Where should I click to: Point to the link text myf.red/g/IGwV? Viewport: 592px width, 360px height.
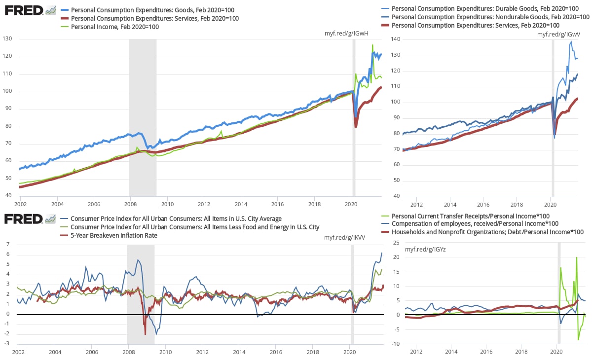point(558,34)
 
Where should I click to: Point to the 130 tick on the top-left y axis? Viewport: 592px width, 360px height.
point(8,39)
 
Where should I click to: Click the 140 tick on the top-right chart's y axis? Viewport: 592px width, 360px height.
point(396,39)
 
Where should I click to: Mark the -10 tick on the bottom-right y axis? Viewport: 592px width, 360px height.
point(396,344)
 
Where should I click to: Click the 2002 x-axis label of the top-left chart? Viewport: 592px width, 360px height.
point(20,204)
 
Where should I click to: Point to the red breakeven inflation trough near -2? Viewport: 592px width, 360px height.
point(145,334)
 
